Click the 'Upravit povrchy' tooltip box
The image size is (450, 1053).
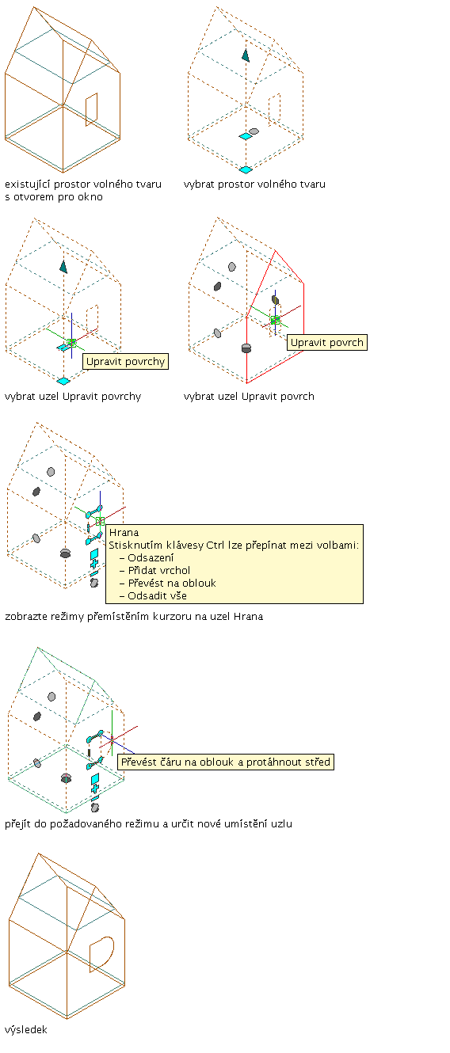tap(125, 362)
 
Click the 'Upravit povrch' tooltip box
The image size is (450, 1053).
tap(326, 342)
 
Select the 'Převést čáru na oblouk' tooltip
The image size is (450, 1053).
tap(226, 762)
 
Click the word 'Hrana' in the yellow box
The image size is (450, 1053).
tap(124, 532)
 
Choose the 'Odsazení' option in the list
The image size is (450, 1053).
tap(151, 557)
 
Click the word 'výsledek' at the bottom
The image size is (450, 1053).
tap(26, 1029)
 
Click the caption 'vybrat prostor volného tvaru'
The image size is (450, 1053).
tap(254, 184)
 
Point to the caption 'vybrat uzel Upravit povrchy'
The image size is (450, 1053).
tap(73, 397)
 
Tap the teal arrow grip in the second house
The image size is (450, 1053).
tap(246, 55)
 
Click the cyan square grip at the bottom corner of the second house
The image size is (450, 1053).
tap(246, 169)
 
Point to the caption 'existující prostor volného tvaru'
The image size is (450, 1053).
tap(83, 184)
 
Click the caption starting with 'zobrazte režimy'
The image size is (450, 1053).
tap(134, 616)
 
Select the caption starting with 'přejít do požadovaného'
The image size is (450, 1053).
tap(149, 823)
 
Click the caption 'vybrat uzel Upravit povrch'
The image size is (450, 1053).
tap(249, 397)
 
